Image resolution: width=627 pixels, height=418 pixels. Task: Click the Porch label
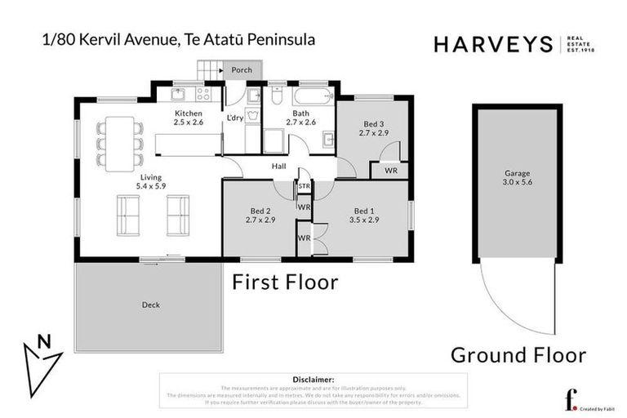tap(242, 70)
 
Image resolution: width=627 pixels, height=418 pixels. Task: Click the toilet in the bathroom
tap(278, 96)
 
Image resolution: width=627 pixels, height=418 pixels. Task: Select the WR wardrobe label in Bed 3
tap(390, 171)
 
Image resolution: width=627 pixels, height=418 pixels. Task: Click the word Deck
tap(149, 305)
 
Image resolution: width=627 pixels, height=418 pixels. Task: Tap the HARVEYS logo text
tap(492, 44)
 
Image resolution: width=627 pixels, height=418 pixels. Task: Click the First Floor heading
tap(286, 282)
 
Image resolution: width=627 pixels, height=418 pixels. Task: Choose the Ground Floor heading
tap(518, 354)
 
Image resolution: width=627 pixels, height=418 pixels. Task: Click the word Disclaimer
tap(313, 380)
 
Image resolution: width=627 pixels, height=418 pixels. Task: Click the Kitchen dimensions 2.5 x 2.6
tap(188, 122)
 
